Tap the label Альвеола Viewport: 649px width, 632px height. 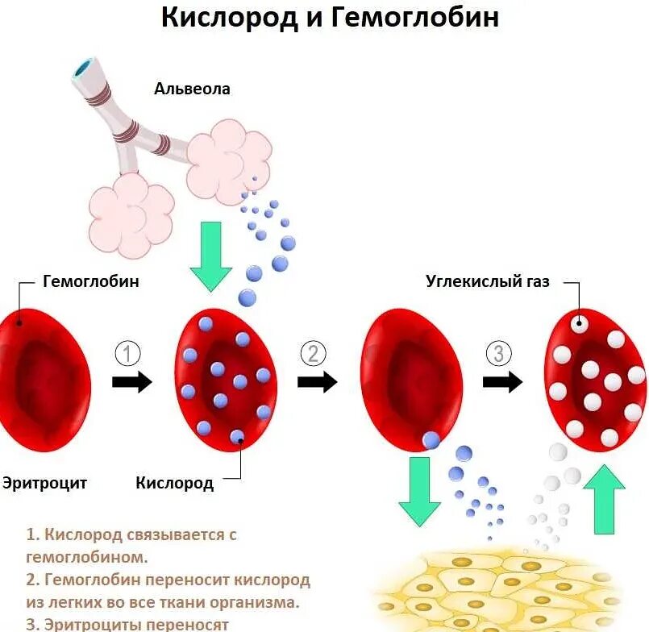(192, 89)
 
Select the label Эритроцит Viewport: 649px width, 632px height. (44, 484)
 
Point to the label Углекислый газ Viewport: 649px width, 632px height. (487, 281)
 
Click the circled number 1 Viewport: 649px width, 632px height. (128, 353)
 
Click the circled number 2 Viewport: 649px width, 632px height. (313, 353)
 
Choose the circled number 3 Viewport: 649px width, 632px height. (499, 353)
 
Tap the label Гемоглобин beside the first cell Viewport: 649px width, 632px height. (90, 281)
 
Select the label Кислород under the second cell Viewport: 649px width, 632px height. (174, 484)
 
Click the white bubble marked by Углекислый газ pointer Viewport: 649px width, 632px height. (578, 324)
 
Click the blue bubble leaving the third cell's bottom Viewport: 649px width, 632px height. (431, 440)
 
